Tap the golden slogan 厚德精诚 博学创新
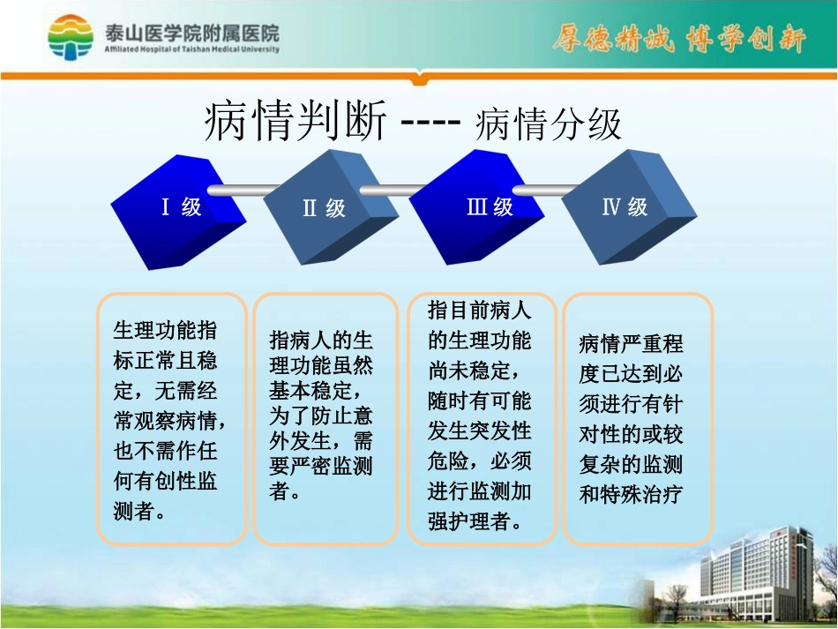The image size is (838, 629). click(678, 40)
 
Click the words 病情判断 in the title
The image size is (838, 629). click(295, 123)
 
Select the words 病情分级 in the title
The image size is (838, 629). click(548, 125)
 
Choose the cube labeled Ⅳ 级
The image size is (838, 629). click(625, 208)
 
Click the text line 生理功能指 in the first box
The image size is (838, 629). click(165, 331)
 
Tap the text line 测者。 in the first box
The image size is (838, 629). click(139, 511)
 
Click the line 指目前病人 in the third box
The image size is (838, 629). click(480, 310)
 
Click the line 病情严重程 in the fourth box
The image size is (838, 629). click(631, 343)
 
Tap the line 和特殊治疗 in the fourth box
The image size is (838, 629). click(631, 494)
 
